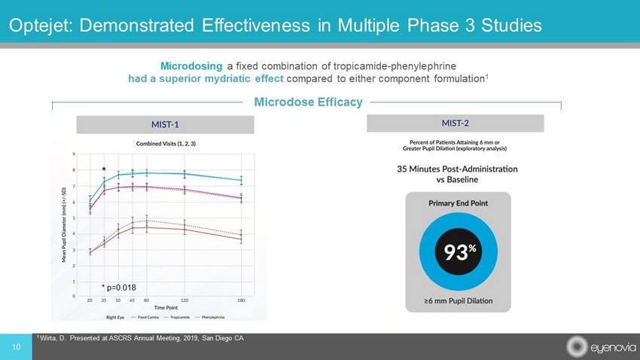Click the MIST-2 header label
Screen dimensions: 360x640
click(454, 123)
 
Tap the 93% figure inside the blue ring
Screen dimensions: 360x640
click(458, 251)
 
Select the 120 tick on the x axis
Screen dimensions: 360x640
click(185, 301)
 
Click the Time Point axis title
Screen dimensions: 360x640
click(166, 308)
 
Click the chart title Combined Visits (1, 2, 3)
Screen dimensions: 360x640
click(166, 143)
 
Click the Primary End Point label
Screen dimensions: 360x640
click(458, 203)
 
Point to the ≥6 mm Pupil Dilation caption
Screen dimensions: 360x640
click(457, 301)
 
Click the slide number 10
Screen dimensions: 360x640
click(15, 346)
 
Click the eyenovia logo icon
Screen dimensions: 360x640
click(577, 347)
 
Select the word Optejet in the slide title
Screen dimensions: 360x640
click(38, 25)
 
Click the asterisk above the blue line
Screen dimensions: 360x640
click(103, 171)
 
